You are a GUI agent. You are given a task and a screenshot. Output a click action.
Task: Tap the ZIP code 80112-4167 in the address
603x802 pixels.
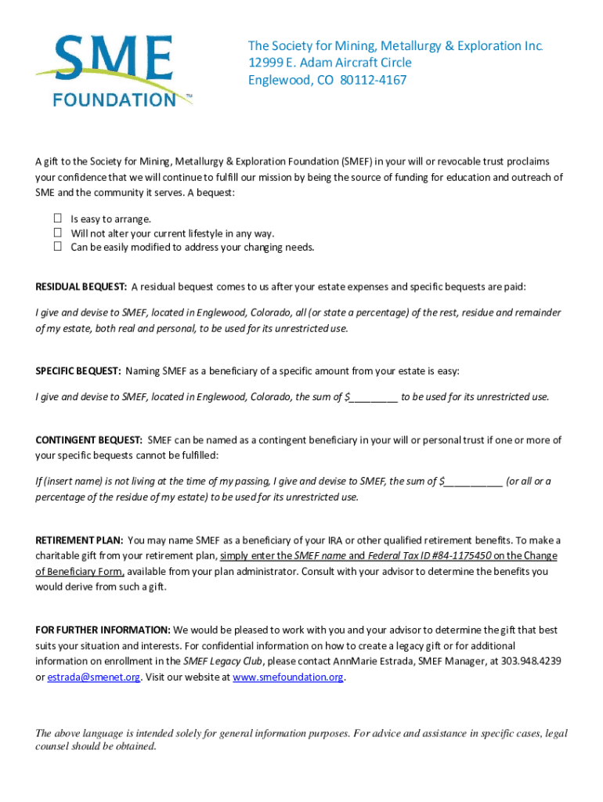tap(373, 80)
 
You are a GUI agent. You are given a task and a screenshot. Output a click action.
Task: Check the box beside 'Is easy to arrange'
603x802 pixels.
tap(58, 219)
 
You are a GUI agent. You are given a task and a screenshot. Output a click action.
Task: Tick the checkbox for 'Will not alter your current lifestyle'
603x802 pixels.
tap(58, 233)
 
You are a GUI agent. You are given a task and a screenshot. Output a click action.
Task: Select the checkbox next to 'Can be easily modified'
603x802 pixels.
tap(58, 247)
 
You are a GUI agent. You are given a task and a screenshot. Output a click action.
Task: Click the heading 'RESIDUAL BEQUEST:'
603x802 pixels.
tap(81, 287)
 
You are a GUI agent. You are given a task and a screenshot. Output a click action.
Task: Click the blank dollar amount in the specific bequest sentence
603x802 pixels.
tap(374, 396)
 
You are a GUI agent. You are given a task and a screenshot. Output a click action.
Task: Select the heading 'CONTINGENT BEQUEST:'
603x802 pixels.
tap(88, 440)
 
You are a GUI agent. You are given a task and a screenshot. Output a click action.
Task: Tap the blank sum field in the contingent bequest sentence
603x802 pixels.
tap(473, 481)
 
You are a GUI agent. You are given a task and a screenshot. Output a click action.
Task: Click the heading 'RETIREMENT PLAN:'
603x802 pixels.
tap(79, 540)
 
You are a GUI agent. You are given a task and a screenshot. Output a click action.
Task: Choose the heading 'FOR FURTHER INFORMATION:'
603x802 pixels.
tap(103, 630)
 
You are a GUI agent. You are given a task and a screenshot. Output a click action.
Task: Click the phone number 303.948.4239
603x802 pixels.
tap(533, 661)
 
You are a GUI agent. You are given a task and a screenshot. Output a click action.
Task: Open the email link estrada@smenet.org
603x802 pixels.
tap(94, 677)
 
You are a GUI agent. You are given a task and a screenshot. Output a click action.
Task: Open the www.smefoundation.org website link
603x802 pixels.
tap(288, 677)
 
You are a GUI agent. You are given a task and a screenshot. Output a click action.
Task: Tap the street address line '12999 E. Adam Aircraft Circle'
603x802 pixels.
tap(330, 63)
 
